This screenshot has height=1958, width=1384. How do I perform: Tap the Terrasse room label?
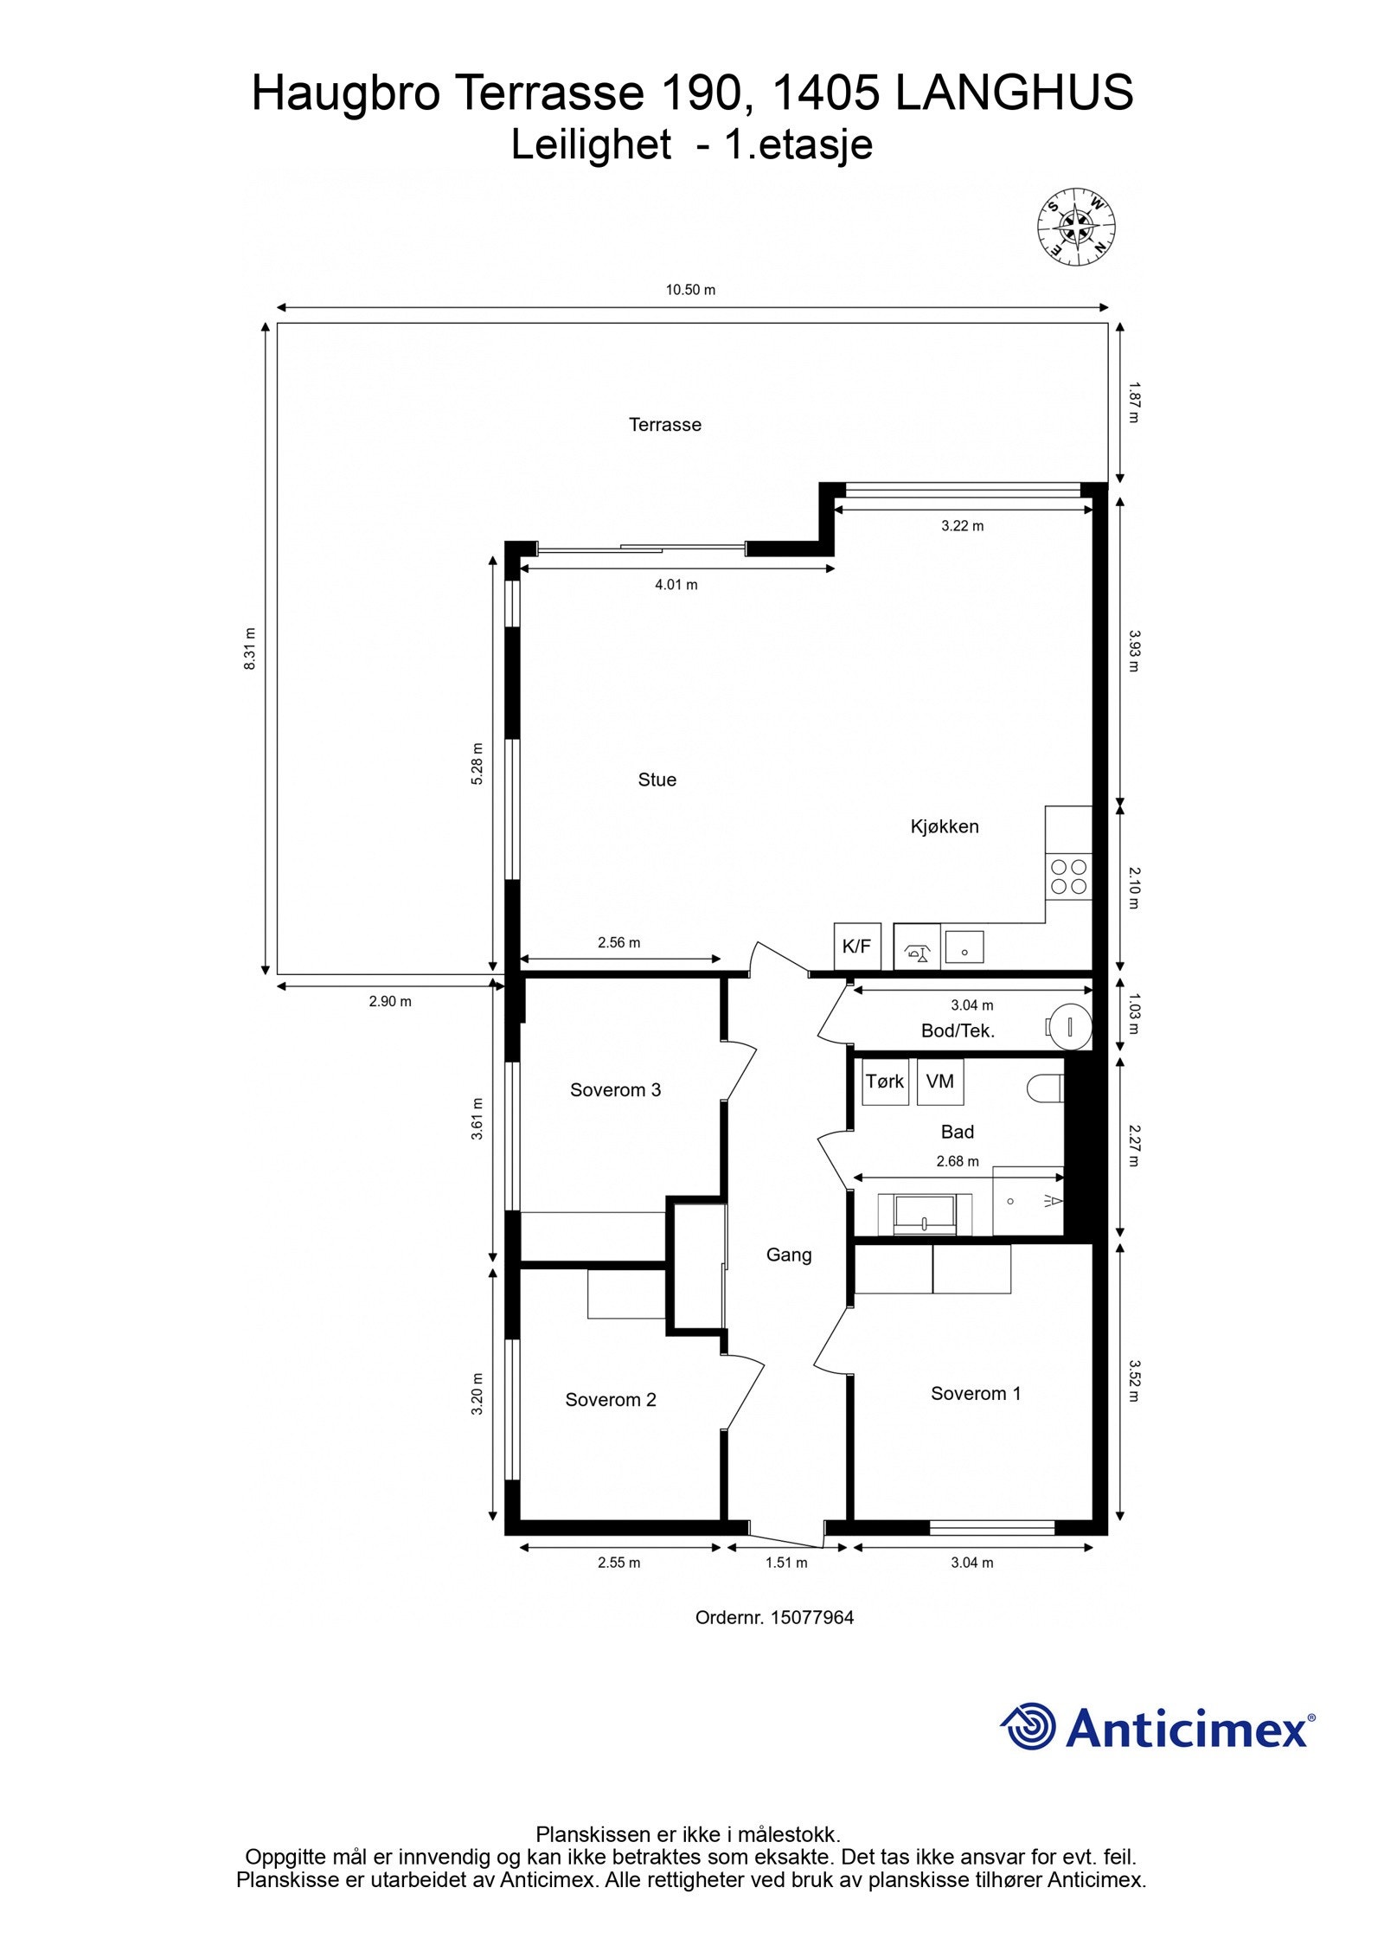pos(664,425)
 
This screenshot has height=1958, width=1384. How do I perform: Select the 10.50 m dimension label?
pos(690,290)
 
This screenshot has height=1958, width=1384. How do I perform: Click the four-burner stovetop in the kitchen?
pos(1068,876)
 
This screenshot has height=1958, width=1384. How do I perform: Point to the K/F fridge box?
pos(856,946)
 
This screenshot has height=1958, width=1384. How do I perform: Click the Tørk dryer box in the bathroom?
pos(885,1082)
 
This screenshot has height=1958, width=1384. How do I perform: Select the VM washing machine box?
pos(939,1082)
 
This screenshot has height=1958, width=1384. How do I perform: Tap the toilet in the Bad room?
pos(1047,1088)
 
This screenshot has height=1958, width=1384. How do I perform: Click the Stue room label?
pos(657,780)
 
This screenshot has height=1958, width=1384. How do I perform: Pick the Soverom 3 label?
pos(615,1090)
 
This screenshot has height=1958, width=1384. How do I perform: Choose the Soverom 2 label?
pos(611,1400)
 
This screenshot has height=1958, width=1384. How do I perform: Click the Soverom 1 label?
pos(976,1393)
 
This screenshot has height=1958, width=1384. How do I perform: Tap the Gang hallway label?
pos(789,1255)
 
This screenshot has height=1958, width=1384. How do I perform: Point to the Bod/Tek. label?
pos(958,1030)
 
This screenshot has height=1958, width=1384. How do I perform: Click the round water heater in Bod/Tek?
pos(1070,1027)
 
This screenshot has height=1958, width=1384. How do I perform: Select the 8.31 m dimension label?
pos(250,648)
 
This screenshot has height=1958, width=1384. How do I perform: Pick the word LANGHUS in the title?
pos(1014,93)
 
